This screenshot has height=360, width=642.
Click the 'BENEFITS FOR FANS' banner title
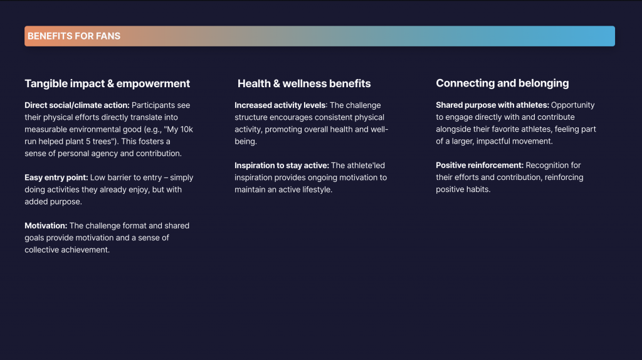[74, 36]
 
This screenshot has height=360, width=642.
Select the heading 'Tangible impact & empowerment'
[107, 83]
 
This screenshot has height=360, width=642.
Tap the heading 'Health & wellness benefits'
[304, 83]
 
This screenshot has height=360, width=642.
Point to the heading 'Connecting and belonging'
[502, 83]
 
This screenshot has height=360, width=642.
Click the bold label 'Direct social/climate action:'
[77, 105]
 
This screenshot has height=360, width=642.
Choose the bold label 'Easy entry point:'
[56, 177]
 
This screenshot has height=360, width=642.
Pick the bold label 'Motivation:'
[46, 226]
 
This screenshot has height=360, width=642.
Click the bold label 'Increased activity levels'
[280, 105]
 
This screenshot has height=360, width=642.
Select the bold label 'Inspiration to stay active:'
[282, 166]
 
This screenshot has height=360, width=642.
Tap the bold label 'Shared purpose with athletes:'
[493, 105]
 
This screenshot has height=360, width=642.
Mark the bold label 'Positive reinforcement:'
[480, 165]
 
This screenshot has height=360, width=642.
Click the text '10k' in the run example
[186, 129]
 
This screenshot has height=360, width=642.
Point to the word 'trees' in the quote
[102, 141]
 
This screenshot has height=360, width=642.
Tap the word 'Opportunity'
[573, 105]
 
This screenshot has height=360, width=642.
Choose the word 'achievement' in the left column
[84, 250]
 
